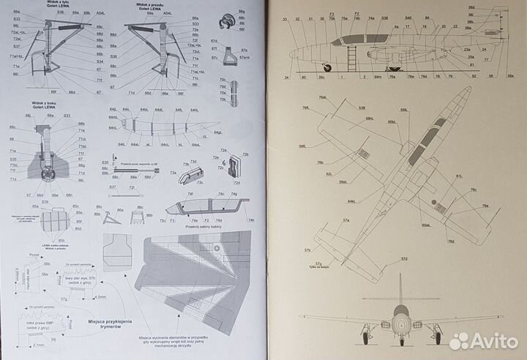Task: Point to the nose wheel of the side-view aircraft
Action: [x=326, y=68]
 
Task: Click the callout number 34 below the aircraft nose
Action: [x=288, y=77]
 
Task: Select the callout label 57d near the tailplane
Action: [x=403, y=258]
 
